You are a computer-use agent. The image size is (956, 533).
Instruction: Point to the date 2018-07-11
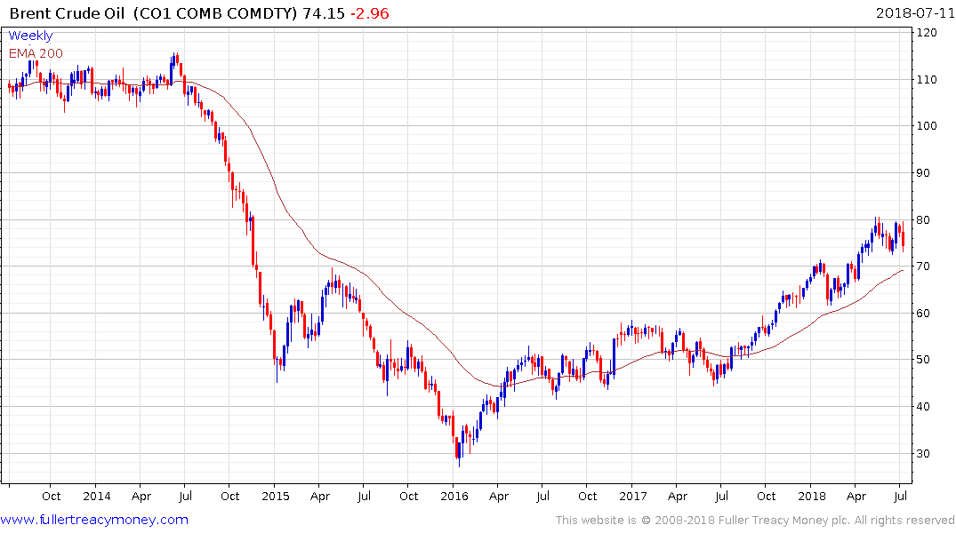[x=913, y=13]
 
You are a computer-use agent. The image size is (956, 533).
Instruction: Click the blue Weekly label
[x=30, y=36]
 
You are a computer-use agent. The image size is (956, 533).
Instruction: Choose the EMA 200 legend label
[x=36, y=53]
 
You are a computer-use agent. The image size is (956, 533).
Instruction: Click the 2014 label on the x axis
[x=96, y=496]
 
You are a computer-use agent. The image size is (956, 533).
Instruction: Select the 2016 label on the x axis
[x=454, y=496]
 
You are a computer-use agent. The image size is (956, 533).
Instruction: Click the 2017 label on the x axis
[x=633, y=496]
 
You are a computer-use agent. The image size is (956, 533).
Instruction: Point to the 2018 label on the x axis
[x=812, y=496]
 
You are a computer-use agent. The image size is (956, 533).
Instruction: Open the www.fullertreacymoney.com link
[x=94, y=520]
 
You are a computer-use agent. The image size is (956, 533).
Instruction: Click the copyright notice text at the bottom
[x=755, y=520]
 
